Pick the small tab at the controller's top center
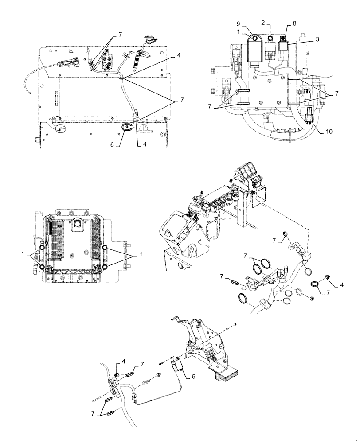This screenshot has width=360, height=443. click(x=78, y=224)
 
